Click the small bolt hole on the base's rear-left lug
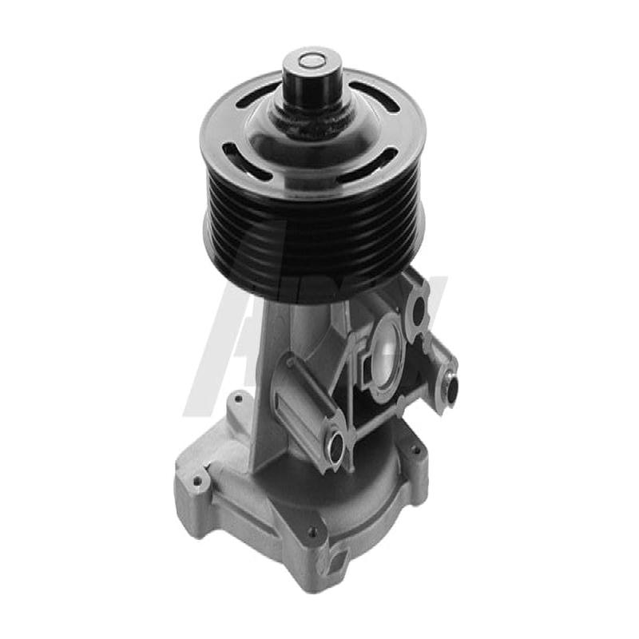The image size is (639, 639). [236, 397]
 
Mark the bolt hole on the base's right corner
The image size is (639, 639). [415, 449]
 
